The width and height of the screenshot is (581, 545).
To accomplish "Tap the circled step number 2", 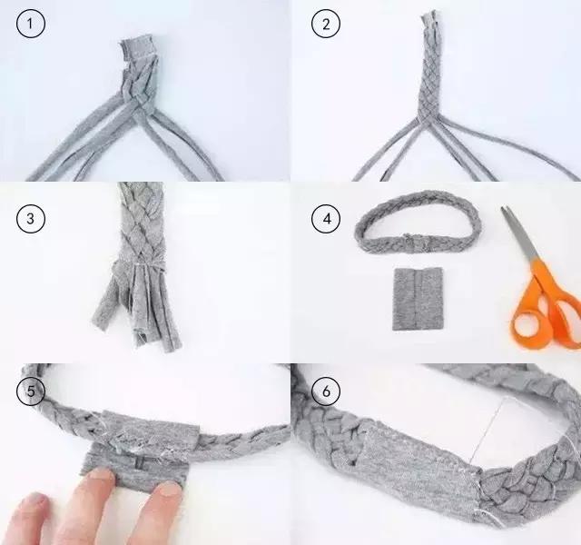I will tap(324, 25).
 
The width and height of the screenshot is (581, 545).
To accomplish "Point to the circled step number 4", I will tap(324, 218).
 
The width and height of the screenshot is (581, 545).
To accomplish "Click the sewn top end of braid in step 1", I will tap(141, 50).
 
